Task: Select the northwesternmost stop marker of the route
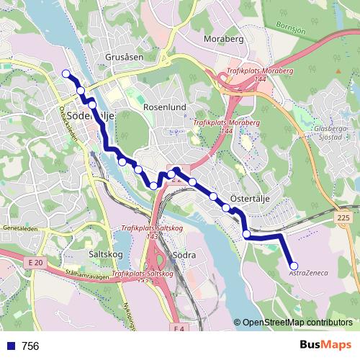66,73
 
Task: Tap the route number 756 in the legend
30,346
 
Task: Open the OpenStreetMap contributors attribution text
297,323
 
